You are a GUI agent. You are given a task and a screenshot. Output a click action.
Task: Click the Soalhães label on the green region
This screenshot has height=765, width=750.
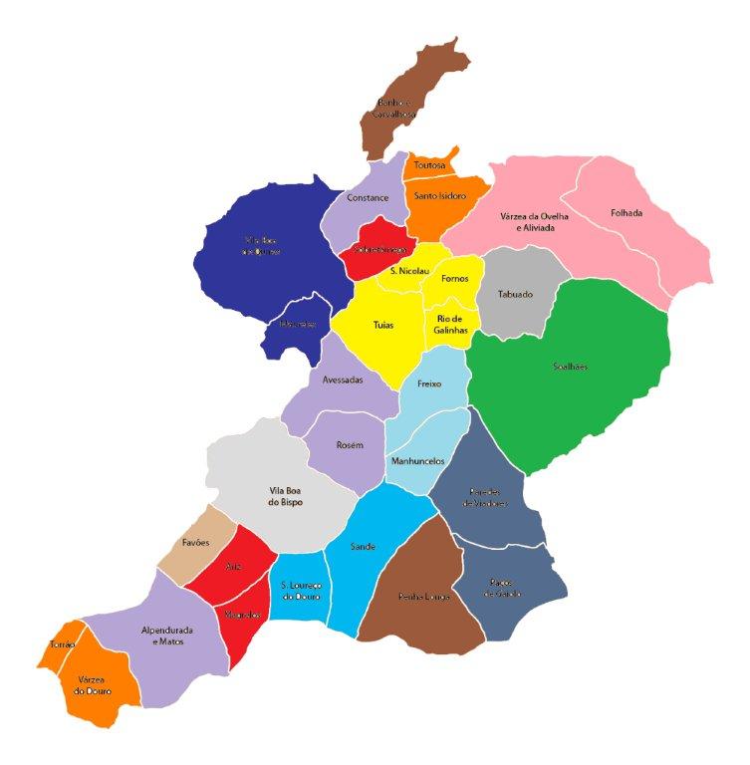570,367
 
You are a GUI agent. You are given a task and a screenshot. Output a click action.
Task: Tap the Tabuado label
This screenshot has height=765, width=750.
515,295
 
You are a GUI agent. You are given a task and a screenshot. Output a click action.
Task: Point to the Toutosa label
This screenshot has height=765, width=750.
429,164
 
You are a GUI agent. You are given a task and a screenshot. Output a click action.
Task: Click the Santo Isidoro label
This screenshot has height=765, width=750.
439,196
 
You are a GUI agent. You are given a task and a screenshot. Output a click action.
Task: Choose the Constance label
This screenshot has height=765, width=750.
368,198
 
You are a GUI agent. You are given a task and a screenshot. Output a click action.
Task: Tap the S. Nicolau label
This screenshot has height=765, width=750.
408,271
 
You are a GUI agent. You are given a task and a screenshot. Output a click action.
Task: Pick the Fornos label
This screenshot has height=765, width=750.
454,279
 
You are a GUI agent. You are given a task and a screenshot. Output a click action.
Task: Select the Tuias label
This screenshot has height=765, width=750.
383,325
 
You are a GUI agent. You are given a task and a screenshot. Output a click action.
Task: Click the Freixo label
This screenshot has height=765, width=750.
429,383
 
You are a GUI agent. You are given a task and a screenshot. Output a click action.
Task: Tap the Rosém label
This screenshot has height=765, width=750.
350,444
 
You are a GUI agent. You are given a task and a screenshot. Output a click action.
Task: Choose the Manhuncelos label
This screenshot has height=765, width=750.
418,461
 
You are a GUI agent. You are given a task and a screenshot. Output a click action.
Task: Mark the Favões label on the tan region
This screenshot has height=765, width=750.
196,542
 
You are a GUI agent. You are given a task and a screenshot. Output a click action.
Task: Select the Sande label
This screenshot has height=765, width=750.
364,547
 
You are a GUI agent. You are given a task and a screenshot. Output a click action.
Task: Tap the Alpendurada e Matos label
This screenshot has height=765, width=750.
166,637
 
